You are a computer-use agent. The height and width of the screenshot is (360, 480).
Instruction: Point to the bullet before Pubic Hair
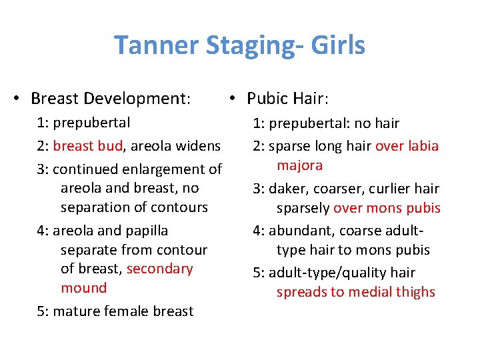point(229,99)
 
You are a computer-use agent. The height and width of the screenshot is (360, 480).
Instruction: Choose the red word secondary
point(159,269)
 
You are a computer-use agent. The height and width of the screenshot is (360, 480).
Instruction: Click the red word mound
point(83,288)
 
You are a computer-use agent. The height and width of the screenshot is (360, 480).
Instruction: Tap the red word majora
point(299,165)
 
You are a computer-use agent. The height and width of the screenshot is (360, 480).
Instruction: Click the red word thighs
point(413,292)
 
